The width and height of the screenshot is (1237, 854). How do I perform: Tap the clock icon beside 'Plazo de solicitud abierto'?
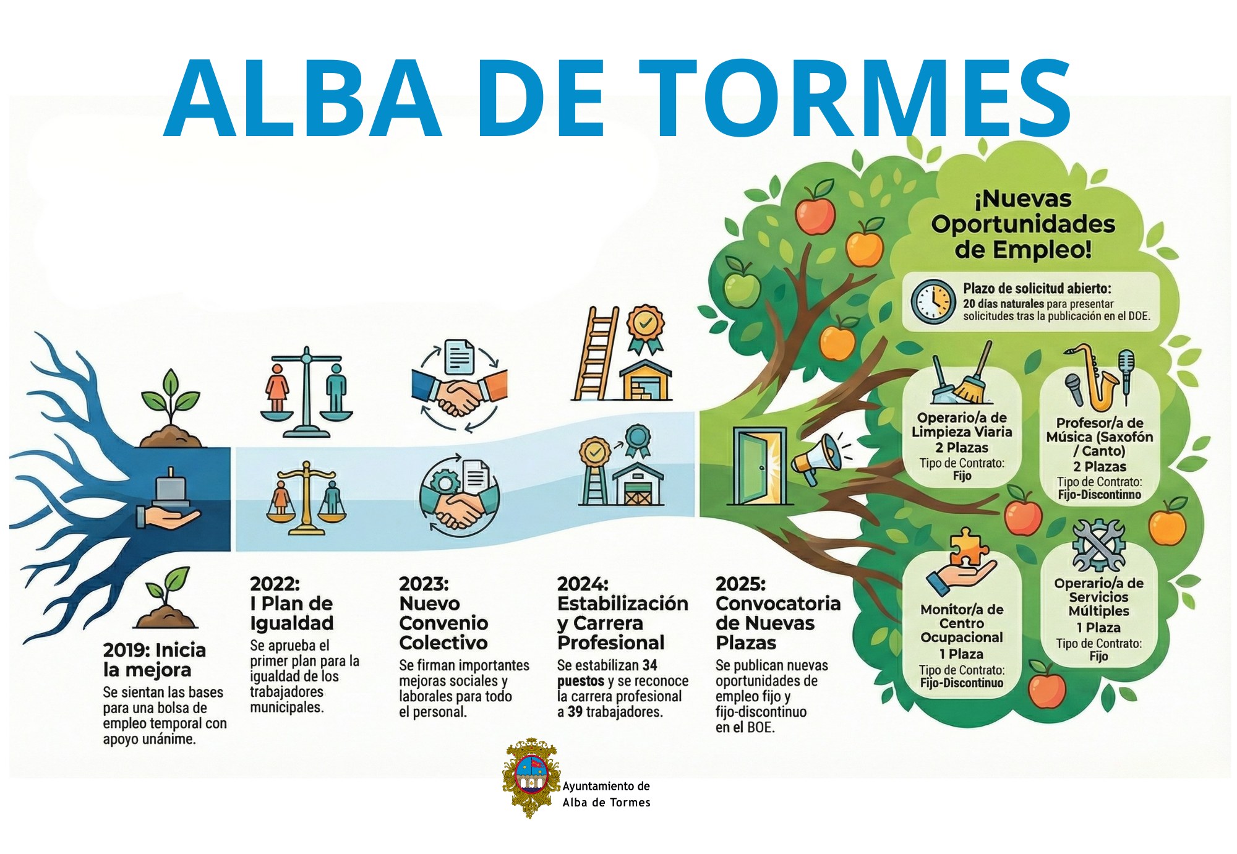coord(933,301)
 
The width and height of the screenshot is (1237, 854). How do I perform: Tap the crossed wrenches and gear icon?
coord(1098,544)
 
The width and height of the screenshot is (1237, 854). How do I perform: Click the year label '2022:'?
coord(275,584)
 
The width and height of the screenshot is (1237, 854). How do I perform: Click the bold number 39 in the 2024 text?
coord(575,712)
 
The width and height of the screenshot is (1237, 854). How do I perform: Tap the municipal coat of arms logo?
coord(530,777)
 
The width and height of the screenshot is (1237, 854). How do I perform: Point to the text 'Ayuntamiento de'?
coord(606,786)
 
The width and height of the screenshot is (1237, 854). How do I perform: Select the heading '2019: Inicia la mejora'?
coord(155,660)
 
